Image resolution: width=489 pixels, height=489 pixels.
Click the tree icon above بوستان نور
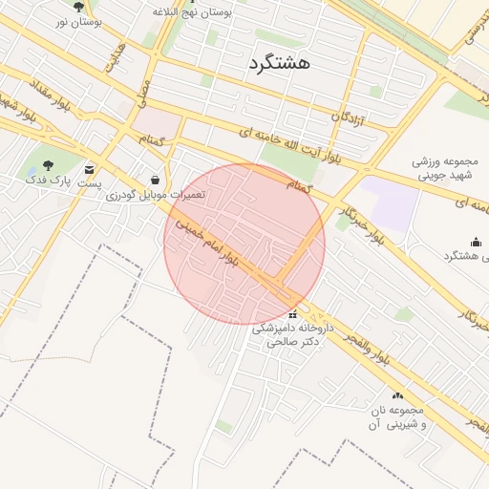(78, 7)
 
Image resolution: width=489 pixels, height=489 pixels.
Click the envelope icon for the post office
(90, 168)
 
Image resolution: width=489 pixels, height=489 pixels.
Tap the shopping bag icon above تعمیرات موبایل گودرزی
(156, 180)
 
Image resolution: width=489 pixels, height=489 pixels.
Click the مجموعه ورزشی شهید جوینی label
(447, 170)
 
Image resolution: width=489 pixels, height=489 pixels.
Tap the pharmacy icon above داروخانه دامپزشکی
(292, 314)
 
